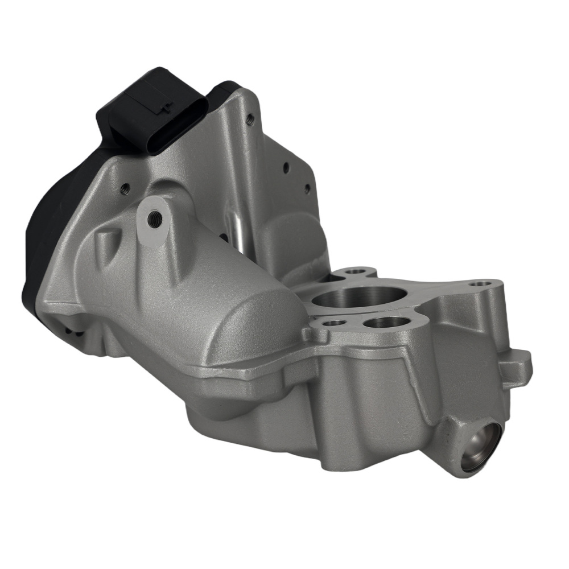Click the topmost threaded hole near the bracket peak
coord(250,119)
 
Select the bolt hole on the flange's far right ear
coord(481,283)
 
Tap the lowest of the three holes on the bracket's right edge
coord(307,188)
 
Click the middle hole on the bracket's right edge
coord(286,168)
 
